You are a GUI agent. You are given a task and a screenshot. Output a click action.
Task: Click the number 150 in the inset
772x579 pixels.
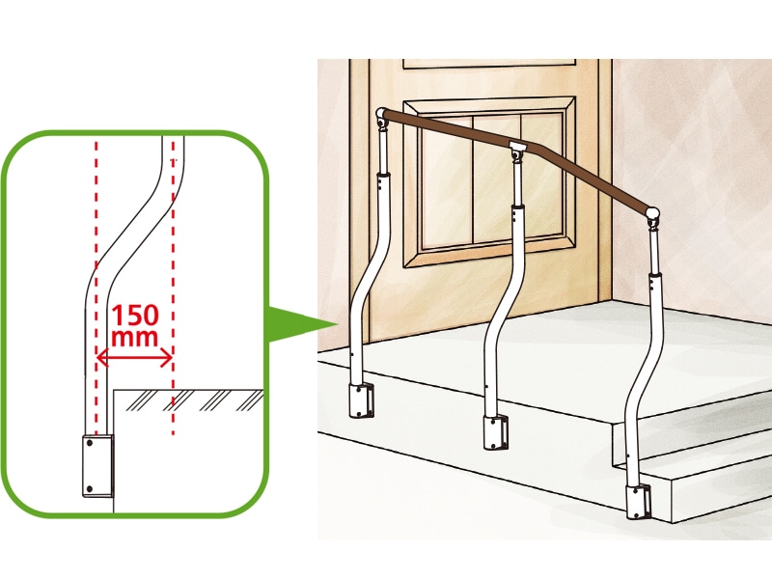click(x=135, y=316)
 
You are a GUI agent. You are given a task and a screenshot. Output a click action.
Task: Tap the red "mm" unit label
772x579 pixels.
click(x=134, y=337)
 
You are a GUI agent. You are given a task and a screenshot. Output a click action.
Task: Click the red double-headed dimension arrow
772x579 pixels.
click(x=134, y=357)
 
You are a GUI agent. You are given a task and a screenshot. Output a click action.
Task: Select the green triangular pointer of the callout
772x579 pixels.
click(x=301, y=324)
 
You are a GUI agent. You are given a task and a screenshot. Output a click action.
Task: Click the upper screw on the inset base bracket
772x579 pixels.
click(x=90, y=443)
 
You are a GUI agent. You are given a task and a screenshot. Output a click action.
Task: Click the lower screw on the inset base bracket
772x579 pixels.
click(x=90, y=489)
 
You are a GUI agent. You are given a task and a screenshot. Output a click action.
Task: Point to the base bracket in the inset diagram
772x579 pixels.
click(x=98, y=466)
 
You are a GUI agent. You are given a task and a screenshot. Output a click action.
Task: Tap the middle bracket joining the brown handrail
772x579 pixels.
click(x=517, y=150)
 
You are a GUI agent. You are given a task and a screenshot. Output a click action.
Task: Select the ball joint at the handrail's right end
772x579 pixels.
click(x=652, y=216)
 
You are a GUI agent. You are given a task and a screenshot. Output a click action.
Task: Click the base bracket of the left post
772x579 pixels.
click(x=361, y=400)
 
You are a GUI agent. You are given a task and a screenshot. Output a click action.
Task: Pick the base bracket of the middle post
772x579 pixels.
click(x=495, y=432)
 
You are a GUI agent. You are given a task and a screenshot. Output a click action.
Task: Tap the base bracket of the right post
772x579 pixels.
click(x=639, y=502)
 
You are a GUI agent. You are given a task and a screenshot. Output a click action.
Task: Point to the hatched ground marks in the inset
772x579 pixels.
click(x=194, y=400)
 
